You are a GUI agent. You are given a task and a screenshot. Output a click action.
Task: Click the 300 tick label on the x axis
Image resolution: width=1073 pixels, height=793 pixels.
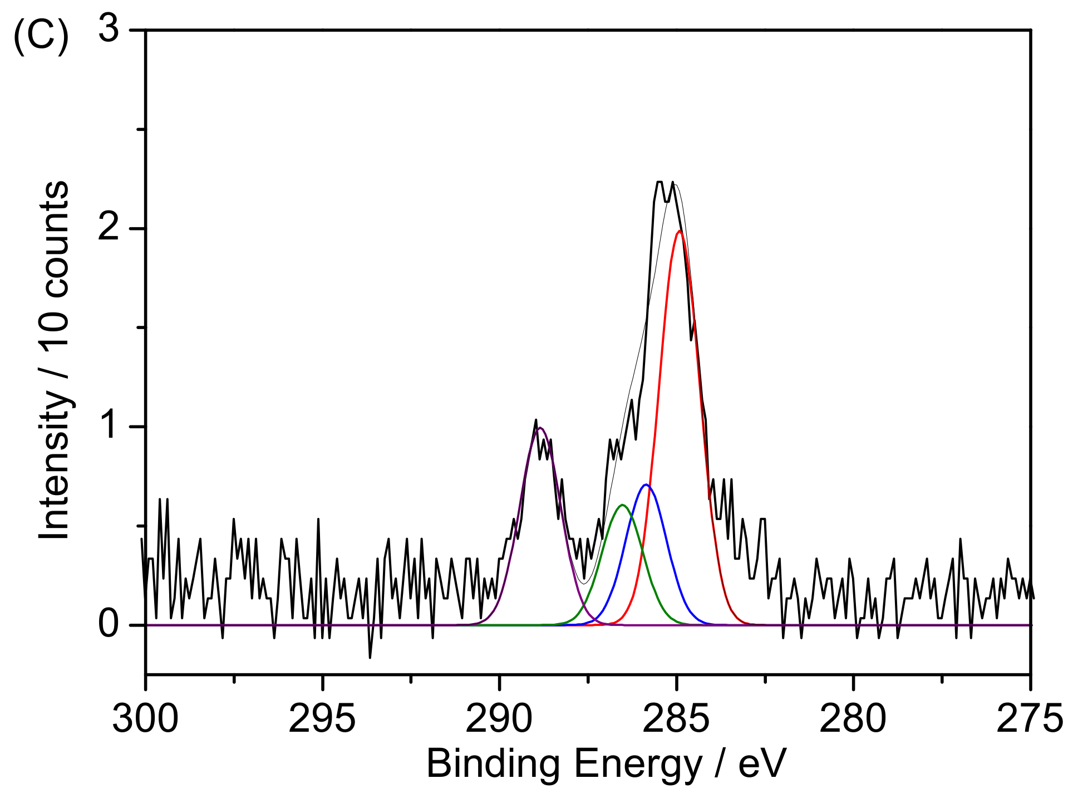coord(145,718)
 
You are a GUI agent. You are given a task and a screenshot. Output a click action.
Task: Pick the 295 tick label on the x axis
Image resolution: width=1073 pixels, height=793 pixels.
coord(322,718)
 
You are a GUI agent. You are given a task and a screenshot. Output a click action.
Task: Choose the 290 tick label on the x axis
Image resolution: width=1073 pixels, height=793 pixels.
coord(499,718)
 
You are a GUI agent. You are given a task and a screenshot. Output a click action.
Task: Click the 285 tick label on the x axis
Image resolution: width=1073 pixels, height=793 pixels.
coord(676,718)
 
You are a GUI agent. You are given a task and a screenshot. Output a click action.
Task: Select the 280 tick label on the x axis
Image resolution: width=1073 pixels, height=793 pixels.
coord(853,718)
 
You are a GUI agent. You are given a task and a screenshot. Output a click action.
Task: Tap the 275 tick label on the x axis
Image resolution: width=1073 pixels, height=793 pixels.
coord(1030,718)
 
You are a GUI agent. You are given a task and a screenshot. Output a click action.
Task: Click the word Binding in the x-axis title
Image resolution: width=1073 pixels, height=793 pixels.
coord(493,765)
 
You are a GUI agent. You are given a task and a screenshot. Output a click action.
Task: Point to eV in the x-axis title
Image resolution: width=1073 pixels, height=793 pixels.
coord(762,763)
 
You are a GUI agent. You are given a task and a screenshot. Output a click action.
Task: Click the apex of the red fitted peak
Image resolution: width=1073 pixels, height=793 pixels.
coord(680,231)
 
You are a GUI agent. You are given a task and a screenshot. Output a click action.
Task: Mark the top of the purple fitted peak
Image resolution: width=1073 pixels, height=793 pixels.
coord(539,428)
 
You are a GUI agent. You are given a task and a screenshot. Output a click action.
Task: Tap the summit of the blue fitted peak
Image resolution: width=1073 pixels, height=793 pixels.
coord(646,484)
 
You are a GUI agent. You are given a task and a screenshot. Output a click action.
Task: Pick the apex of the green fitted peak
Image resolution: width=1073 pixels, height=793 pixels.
coord(623,505)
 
